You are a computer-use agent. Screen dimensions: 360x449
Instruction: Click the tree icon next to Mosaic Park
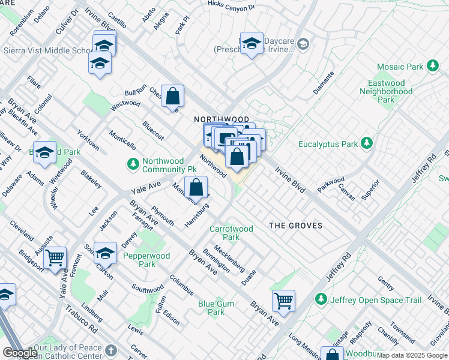pyautogui.click(x=432, y=67)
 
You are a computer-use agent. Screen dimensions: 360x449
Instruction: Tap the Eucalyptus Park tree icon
pyautogui.click(x=366, y=144)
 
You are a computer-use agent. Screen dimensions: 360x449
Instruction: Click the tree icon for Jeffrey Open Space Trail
pyautogui.click(x=321, y=299)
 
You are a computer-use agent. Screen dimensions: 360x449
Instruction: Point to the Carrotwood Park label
pyautogui.click(x=231, y=233)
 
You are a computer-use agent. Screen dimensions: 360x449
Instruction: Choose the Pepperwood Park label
pyautogui.click(x=139, y=260)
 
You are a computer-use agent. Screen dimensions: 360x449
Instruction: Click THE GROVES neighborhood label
pyautogui.click(x=295, y=226)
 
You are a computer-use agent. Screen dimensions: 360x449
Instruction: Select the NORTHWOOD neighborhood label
pyautogui.click(x=221, y=120)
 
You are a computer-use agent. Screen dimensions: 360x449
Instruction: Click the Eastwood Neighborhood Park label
pyautogui.click(x=386, y=92)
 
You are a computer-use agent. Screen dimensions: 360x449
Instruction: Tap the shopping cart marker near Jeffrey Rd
pyautogui.click(x=283, y=299)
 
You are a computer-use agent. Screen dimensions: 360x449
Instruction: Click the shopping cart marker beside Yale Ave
pyautogui.click(x=55, y=257)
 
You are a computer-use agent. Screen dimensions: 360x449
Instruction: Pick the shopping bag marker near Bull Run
pyautogui.click(x=172, y=96)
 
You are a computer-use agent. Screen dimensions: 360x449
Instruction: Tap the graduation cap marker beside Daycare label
pyautogui.click(x=252, y=43)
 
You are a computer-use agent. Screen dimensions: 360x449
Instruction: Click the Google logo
pyautogui.click(x=20, y=353)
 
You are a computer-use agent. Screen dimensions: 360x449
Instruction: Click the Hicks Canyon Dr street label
pyautogui.click(x=231, y=5)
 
